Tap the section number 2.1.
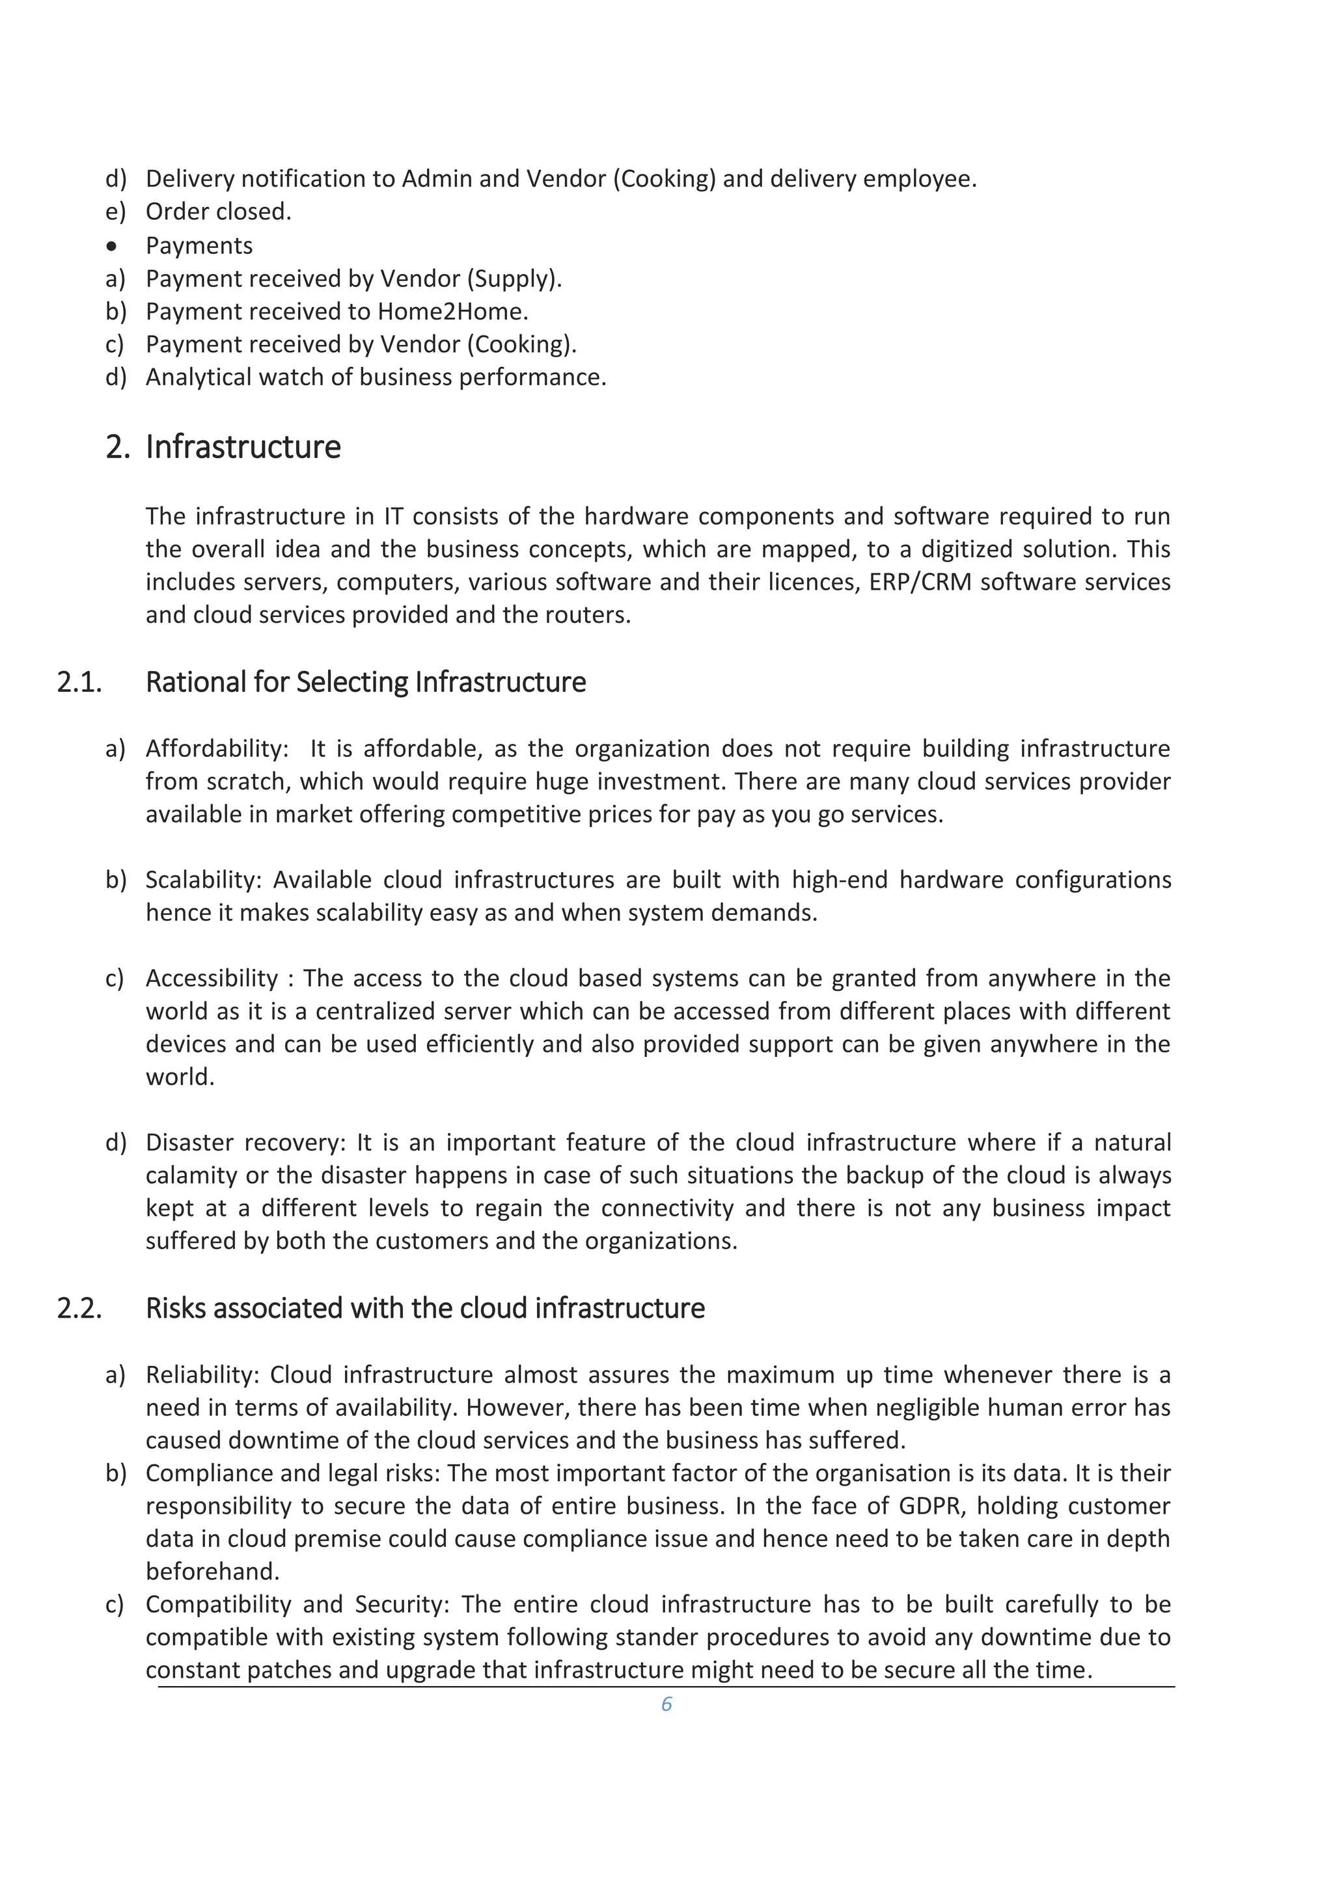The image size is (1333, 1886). tap(79, 682)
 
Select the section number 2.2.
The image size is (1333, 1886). tap(79, 1307)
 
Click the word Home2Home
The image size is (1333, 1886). tap(452, 311)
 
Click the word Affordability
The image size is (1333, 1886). tap(216, 748)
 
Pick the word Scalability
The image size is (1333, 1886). tap(202, 880)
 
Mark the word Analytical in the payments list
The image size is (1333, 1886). tap(198, 377)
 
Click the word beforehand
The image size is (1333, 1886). tap(212, 1572)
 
